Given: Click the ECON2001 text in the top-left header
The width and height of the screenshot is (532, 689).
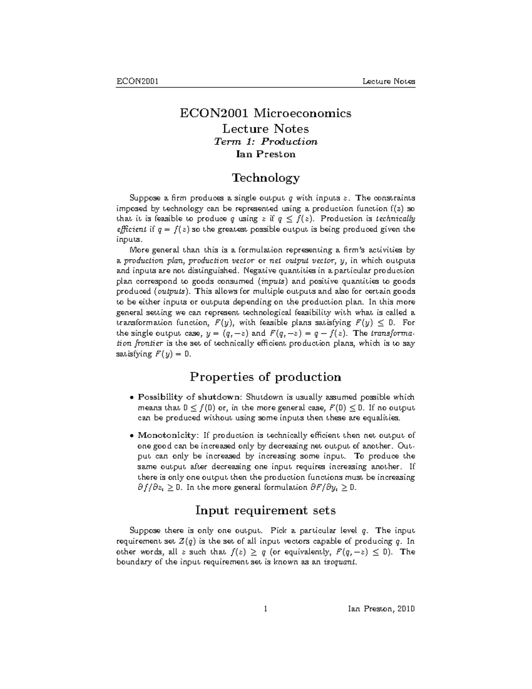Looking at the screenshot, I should point(138,81).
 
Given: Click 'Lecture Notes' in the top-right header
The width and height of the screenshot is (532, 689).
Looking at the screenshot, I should point(389,81).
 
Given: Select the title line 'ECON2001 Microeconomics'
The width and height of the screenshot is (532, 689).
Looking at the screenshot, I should point(265,113).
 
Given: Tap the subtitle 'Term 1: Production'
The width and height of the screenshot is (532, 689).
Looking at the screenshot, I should point(266,142).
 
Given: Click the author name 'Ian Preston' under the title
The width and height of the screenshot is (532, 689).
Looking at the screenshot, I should point(266,154).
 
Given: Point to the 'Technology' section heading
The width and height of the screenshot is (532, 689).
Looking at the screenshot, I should point(266,178).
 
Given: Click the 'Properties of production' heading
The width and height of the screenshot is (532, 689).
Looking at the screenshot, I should point(266,377).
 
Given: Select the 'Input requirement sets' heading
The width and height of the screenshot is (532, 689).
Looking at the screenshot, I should point(266,511).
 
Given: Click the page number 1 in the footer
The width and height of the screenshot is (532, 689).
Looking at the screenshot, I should point(265,609).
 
